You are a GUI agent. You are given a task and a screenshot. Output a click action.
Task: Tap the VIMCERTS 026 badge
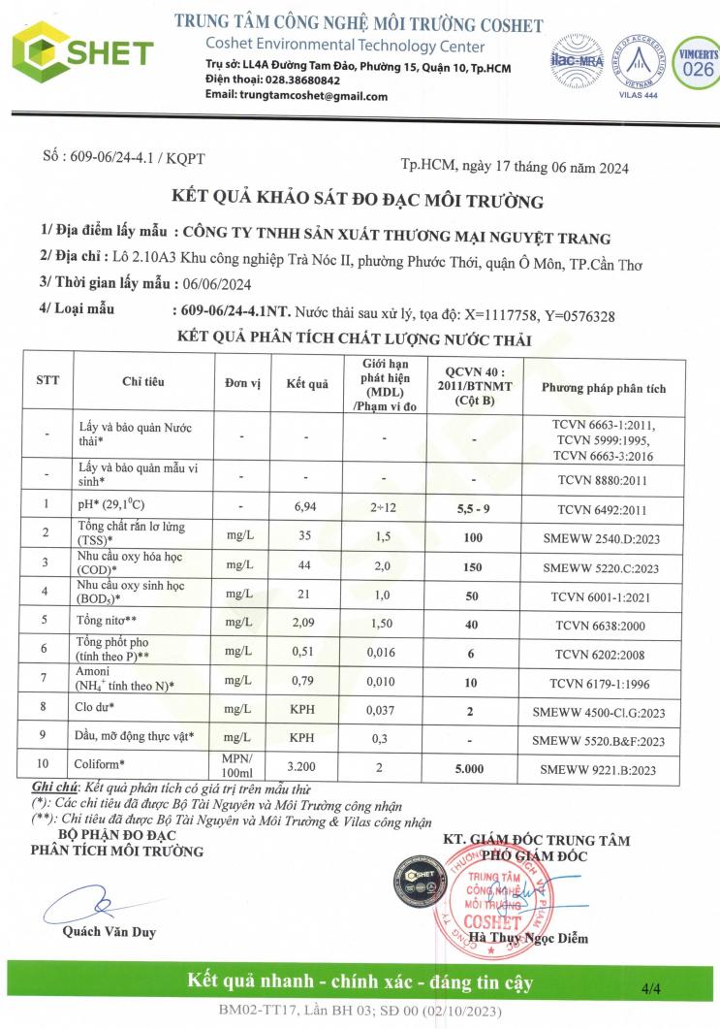click(697, 61)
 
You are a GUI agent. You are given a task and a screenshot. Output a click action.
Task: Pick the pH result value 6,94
click(306, 506)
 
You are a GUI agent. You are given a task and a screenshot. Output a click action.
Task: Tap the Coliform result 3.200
click(306, 768)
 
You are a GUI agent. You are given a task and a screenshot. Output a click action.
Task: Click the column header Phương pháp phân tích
click(603, 388)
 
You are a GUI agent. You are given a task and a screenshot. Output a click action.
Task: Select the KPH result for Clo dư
click(306, 709)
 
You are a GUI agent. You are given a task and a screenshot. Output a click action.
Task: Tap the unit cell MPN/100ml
click(237, 768)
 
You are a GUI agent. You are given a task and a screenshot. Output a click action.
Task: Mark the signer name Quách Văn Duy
click(109, 932)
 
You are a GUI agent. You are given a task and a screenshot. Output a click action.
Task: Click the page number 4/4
click(650, 989)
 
